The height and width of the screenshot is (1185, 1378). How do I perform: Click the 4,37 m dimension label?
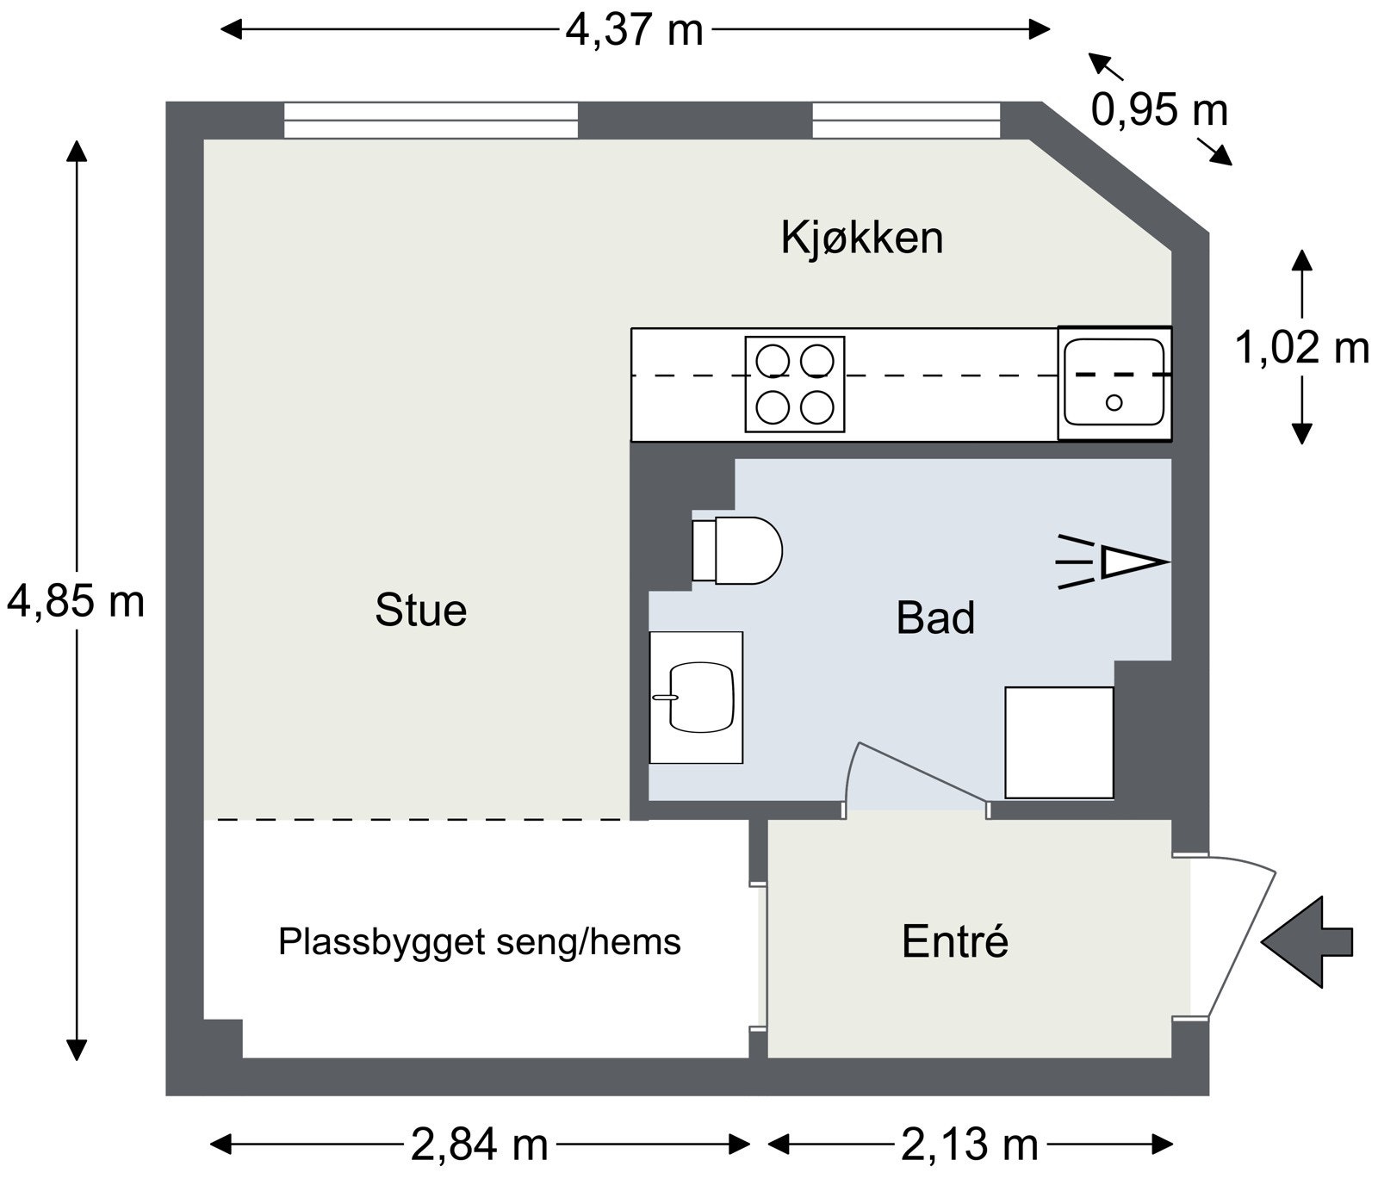(634, 31)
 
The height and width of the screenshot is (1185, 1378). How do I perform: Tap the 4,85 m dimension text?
(76, 601)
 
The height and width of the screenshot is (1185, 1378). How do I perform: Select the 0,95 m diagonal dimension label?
(1158, 110)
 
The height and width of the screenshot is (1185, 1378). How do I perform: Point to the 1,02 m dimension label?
(1301, 348)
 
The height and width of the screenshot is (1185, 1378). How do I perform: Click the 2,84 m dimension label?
(480, 1145)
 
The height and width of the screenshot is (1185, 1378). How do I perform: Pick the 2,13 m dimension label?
(970, 1145)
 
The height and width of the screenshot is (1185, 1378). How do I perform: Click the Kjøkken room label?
(862, 238)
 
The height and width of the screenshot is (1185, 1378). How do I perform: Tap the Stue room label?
(420, 611)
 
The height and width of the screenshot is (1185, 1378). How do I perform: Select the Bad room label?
(935, 618)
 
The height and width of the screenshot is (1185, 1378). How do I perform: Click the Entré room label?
(954, 941)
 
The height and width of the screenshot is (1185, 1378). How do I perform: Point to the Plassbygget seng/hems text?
(479, 942)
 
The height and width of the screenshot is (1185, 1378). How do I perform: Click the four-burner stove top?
(794, 384)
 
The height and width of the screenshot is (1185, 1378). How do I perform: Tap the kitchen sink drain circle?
(1114, 402)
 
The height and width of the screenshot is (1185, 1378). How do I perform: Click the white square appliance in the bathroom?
(1059, 742)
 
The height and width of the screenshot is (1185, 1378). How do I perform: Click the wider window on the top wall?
(431, 121)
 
